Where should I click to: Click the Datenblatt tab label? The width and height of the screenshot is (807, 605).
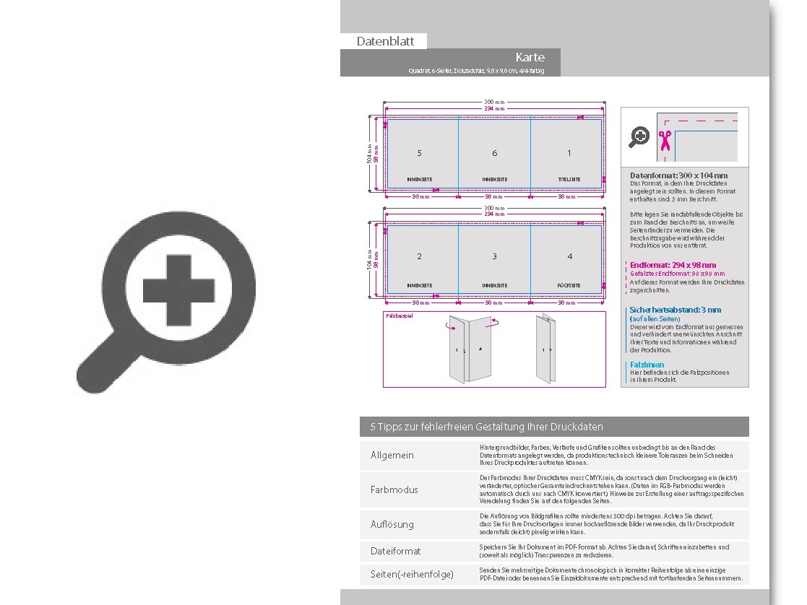coord(385,41)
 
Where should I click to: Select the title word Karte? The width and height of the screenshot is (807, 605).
coord(530,57)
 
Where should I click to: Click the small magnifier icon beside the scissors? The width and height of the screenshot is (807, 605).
coord(639,136)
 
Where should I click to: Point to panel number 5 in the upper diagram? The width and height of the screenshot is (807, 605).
coord(420,153)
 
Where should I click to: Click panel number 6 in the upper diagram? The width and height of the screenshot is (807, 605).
coord(495,153)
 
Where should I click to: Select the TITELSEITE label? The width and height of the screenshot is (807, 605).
coord(569,179)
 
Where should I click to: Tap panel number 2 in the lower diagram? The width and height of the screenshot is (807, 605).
coord(420,256)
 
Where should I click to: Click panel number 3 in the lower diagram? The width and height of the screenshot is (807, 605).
coord(495,256)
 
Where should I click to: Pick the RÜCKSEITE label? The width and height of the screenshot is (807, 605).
coord(569,286)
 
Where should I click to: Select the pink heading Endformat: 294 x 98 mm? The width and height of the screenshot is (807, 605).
coord(673,265)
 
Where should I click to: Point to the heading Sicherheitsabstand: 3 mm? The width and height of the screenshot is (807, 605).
coord(675,310)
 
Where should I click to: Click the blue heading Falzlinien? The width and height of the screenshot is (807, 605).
coord(647,365)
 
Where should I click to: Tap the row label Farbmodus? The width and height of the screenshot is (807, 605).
coord(394,489)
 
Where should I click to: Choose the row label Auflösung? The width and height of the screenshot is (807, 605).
coord(392,525)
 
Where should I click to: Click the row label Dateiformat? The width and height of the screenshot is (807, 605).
coord(395,551)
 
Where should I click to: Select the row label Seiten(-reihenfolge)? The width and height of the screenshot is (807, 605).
coord(412,574)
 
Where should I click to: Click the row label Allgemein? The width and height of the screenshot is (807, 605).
coord(392,455)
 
